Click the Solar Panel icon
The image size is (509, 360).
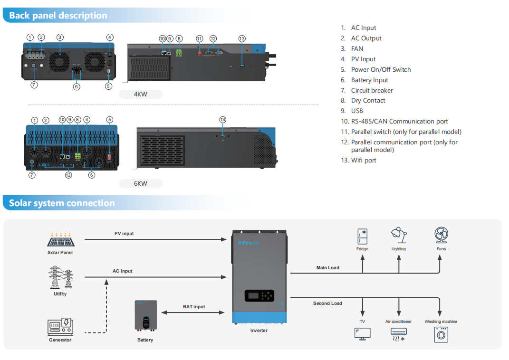point(60,239)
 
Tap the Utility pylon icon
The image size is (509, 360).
point(60,277)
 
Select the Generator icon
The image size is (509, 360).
point(60,327)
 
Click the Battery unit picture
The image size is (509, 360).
point(145,316)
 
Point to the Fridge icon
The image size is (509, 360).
point(362,237)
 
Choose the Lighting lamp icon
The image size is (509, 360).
point(398,236)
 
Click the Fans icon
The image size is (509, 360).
point(441,236)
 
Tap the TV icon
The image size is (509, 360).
point(362,333)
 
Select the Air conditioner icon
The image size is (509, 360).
point(398,334)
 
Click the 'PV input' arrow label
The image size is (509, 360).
point(124,234)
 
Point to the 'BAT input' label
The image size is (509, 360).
point(194,307)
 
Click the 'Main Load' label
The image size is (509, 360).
point(328,268)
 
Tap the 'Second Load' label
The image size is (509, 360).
point(327,303)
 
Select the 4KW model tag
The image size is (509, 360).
point(141,95)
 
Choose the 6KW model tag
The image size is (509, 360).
point(141,183)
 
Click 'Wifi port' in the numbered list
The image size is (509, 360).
point(364,161)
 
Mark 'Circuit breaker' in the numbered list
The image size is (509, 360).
point(372,90)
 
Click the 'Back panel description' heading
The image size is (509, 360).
point(58,16)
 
